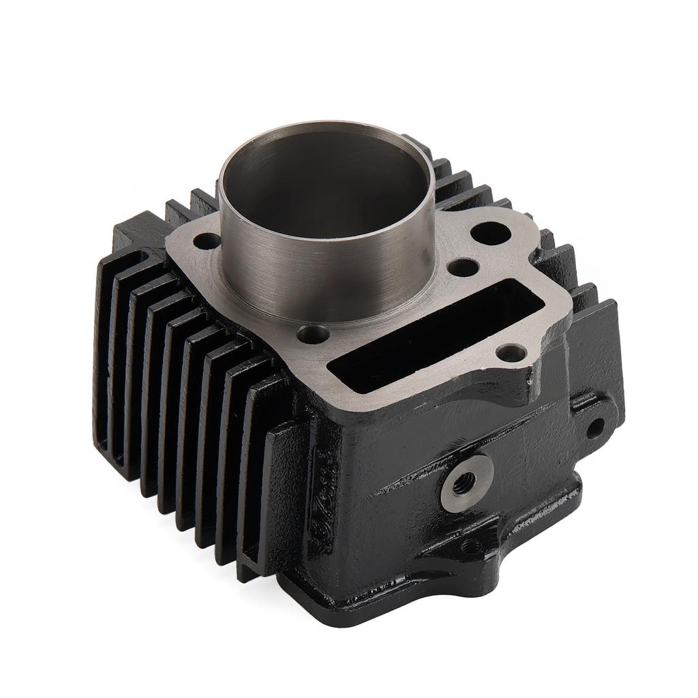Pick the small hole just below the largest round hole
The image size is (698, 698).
point(464,267)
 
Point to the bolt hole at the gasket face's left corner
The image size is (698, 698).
point(208,241)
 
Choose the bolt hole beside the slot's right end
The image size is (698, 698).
point(511,353)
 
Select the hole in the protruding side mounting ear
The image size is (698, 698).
point(594,428)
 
